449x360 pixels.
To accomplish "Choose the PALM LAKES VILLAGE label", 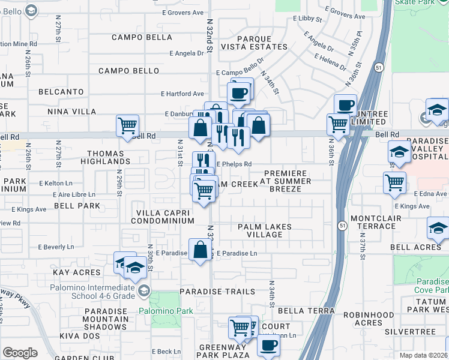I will tap(265, 230).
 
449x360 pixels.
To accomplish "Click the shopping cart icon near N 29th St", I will tap(127, 125).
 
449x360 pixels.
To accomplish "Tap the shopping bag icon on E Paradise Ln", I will tap(200, 250).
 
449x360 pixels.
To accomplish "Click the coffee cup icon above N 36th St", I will tap(345, 105).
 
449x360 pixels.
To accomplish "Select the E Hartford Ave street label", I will tap(183, 94).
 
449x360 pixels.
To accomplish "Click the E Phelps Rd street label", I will tap(234, 163).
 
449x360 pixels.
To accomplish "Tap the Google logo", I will tap(20, 353).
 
